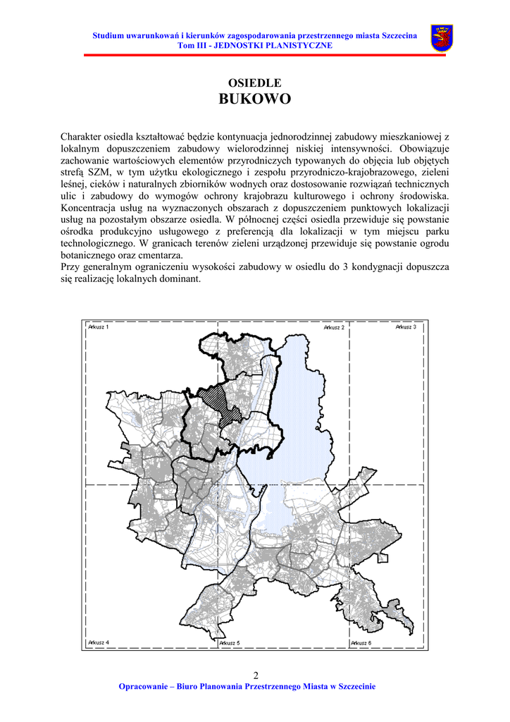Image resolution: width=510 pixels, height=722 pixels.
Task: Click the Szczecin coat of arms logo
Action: pos(442,38)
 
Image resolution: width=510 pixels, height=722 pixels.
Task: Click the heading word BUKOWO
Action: pos(254,99)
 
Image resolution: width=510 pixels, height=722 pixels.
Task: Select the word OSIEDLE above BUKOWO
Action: pos(254,83)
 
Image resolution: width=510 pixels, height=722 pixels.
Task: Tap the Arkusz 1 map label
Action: pos(99,327)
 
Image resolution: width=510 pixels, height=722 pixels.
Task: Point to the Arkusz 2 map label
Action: pos(334,327)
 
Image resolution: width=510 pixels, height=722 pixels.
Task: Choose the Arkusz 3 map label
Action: pos(406,327)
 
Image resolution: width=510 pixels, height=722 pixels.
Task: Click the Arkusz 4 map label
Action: pos(99,643)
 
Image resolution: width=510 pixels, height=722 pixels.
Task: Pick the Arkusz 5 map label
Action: pos(230,643)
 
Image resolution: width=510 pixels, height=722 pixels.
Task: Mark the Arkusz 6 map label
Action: pos(361,643)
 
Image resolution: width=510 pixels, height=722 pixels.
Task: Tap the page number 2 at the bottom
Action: pos(255,675)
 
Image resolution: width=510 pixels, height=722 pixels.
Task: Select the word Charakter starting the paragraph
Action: pos(80,136)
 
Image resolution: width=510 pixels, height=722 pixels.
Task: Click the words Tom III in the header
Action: pos(192,45)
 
